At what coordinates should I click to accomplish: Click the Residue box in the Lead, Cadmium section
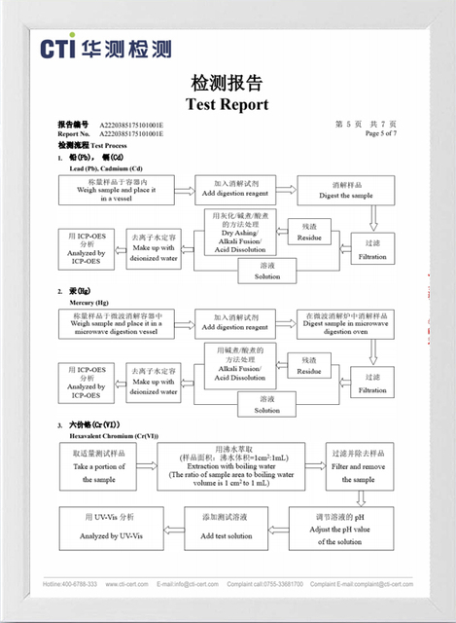[x=308, y=231]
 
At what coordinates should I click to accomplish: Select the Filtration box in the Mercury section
[x=371, y=384]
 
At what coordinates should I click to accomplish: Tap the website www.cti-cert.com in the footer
[x=126, y=584]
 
